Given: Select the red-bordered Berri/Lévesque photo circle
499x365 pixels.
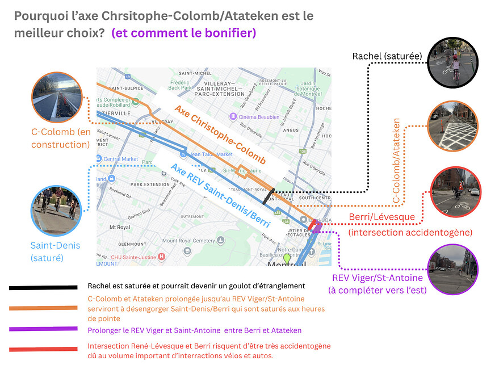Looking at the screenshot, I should pyautogui.click(x=456, y=191).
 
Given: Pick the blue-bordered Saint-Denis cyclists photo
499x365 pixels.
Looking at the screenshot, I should pyautogui.click(x=55, y=211).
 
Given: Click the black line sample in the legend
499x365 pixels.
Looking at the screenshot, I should pyautogui.click(x=43, y=288).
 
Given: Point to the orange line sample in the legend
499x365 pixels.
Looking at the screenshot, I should pyautogui.click(x=43, y=308).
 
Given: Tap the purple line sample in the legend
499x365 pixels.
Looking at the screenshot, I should pyautogui.click(x=43, y=329).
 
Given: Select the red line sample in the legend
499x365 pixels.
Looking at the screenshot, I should pyautogui.click(x=43, y=349).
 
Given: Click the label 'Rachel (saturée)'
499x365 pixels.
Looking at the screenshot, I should pyautogui.click(x=387, y=56).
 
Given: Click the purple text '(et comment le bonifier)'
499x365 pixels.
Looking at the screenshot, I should pyautogui.click(x=184, y=33).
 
